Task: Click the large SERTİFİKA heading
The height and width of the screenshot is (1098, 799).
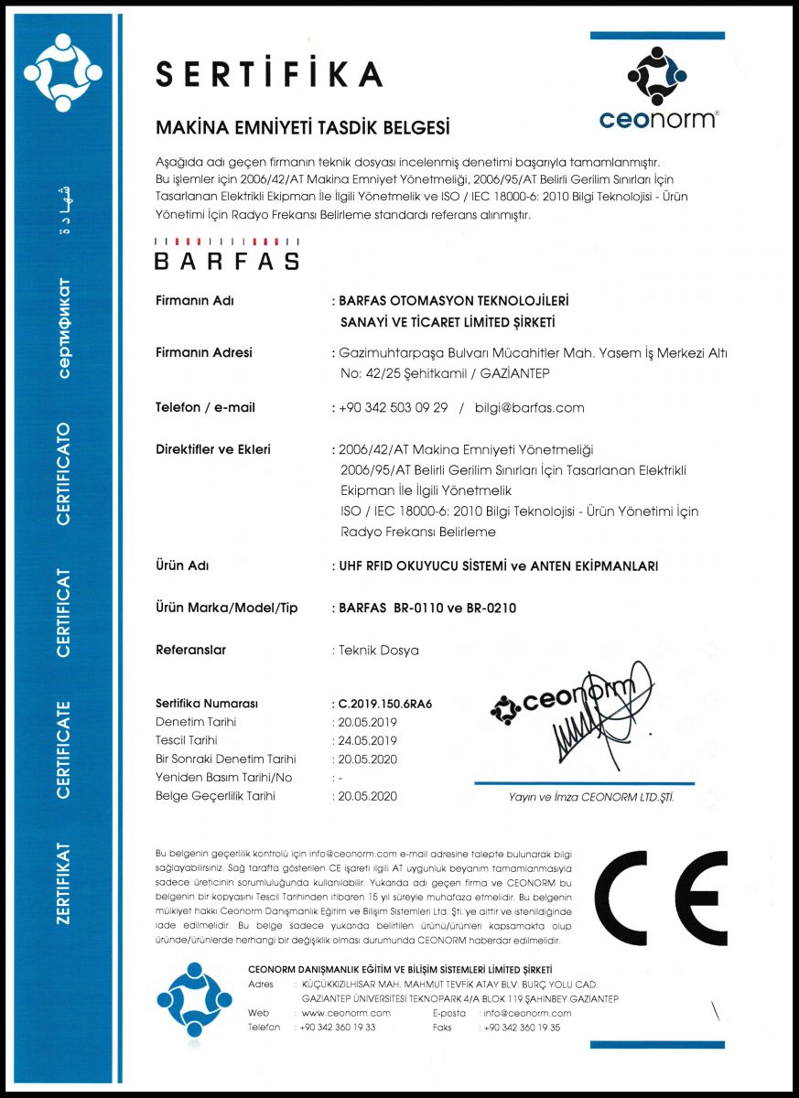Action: click(268, 74)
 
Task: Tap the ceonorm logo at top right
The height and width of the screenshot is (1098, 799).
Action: click(657, 88)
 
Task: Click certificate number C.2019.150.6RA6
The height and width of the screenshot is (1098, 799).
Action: click(385, 704)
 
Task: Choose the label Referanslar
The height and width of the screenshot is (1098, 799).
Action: click(191, 650)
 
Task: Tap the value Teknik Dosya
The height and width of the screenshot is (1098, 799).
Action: click(379, 651)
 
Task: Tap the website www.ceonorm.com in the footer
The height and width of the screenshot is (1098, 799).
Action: click(346, 1014)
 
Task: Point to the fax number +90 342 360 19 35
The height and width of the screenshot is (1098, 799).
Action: click(523, 1028)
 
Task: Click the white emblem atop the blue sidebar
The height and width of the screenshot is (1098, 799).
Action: click(63, 70)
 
